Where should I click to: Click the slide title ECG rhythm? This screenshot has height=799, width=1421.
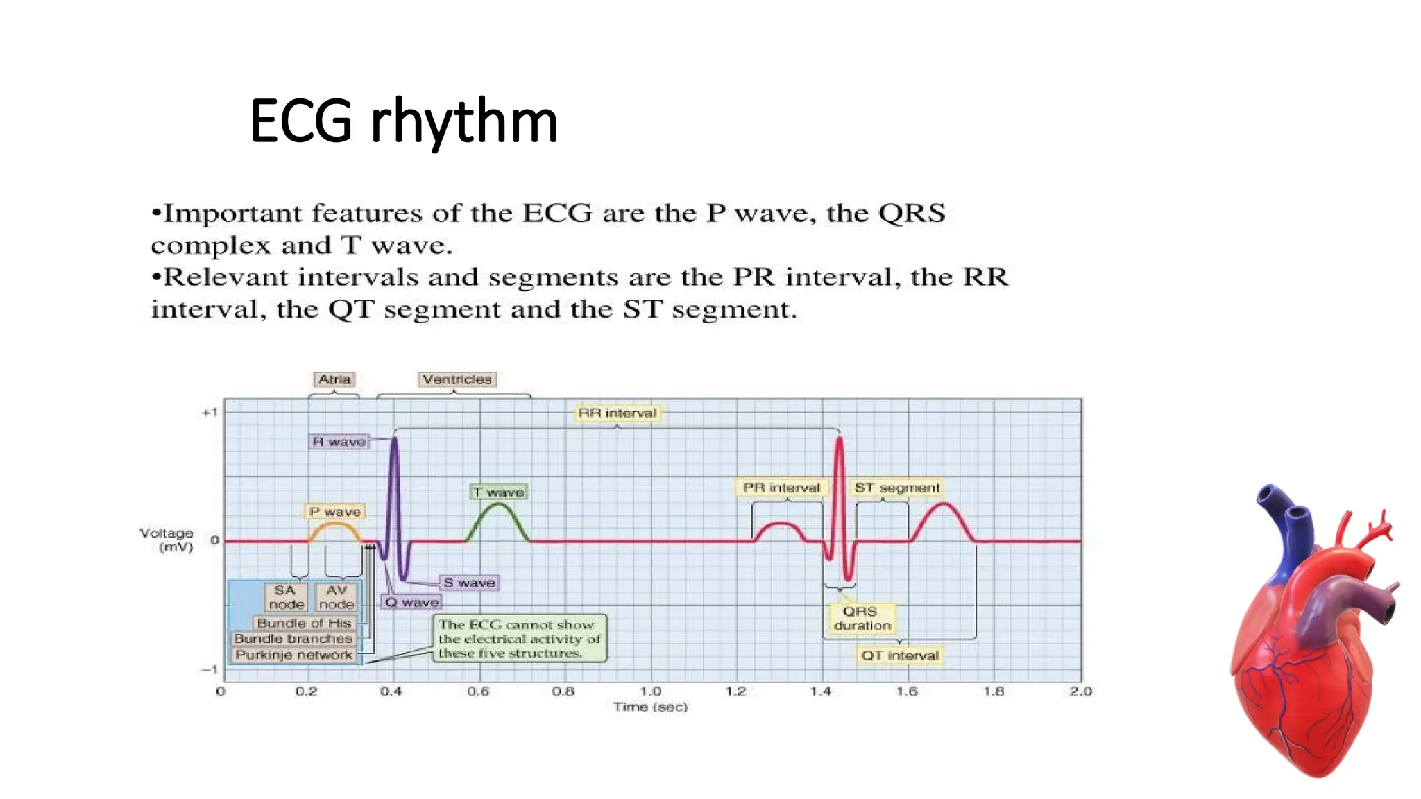point(404,122)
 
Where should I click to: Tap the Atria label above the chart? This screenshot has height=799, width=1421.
point(334,379)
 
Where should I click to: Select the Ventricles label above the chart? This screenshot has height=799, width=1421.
point(457,379)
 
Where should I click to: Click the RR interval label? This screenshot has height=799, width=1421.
point(617,413)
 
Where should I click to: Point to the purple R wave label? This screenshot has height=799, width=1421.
point(339,442)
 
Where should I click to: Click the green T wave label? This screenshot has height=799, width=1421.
point(498,492)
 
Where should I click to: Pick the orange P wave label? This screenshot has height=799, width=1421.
point(335,512)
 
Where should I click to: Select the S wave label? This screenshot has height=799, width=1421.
point(469,583)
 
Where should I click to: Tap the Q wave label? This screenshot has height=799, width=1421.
point(411,602)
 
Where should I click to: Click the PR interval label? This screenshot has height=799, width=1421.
point(781,488)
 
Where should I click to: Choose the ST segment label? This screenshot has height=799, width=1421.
point(896,488)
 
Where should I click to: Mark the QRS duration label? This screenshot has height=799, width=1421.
point(862,618)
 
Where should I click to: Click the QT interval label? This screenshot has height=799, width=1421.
point(899,655)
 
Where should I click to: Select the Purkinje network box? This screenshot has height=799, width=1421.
point(293,655)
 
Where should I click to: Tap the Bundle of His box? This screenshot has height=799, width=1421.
point(304,623)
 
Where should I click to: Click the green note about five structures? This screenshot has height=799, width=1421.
point(519,639)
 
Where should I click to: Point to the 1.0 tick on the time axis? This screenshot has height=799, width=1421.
point(650,691)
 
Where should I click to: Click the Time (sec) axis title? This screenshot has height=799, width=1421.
point(650,707)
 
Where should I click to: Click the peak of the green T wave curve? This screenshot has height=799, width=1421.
point(498,504)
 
